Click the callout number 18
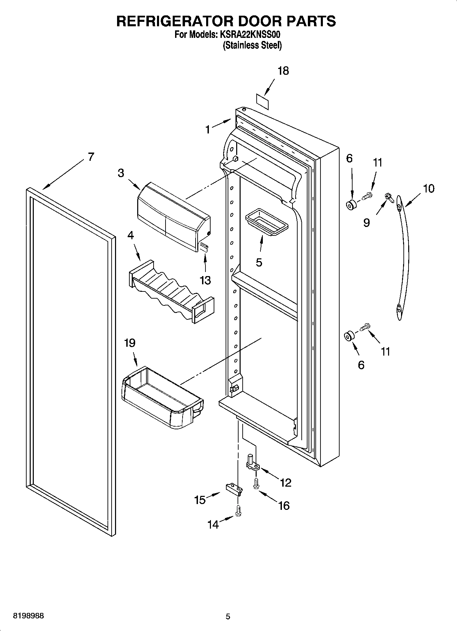283,71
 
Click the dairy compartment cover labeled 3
173,217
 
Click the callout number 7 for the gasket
90,157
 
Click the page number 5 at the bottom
228,616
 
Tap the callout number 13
205,281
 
